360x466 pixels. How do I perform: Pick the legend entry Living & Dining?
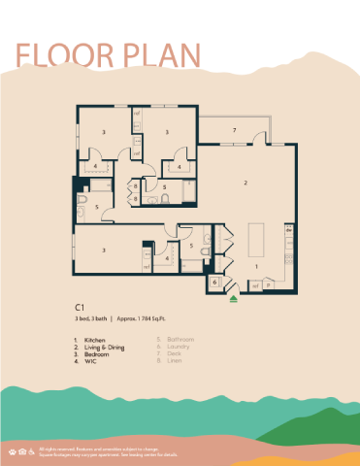tap(105, 347)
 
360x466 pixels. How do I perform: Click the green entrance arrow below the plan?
tap(235, 300)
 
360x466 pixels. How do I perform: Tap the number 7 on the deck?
tap(235, 129)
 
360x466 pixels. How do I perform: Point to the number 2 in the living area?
tap(245, 182)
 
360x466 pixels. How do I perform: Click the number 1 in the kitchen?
tap(256, 265)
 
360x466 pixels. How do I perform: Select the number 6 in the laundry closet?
tap(214, 282)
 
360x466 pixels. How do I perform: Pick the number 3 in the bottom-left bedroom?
tap(104, 250)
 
